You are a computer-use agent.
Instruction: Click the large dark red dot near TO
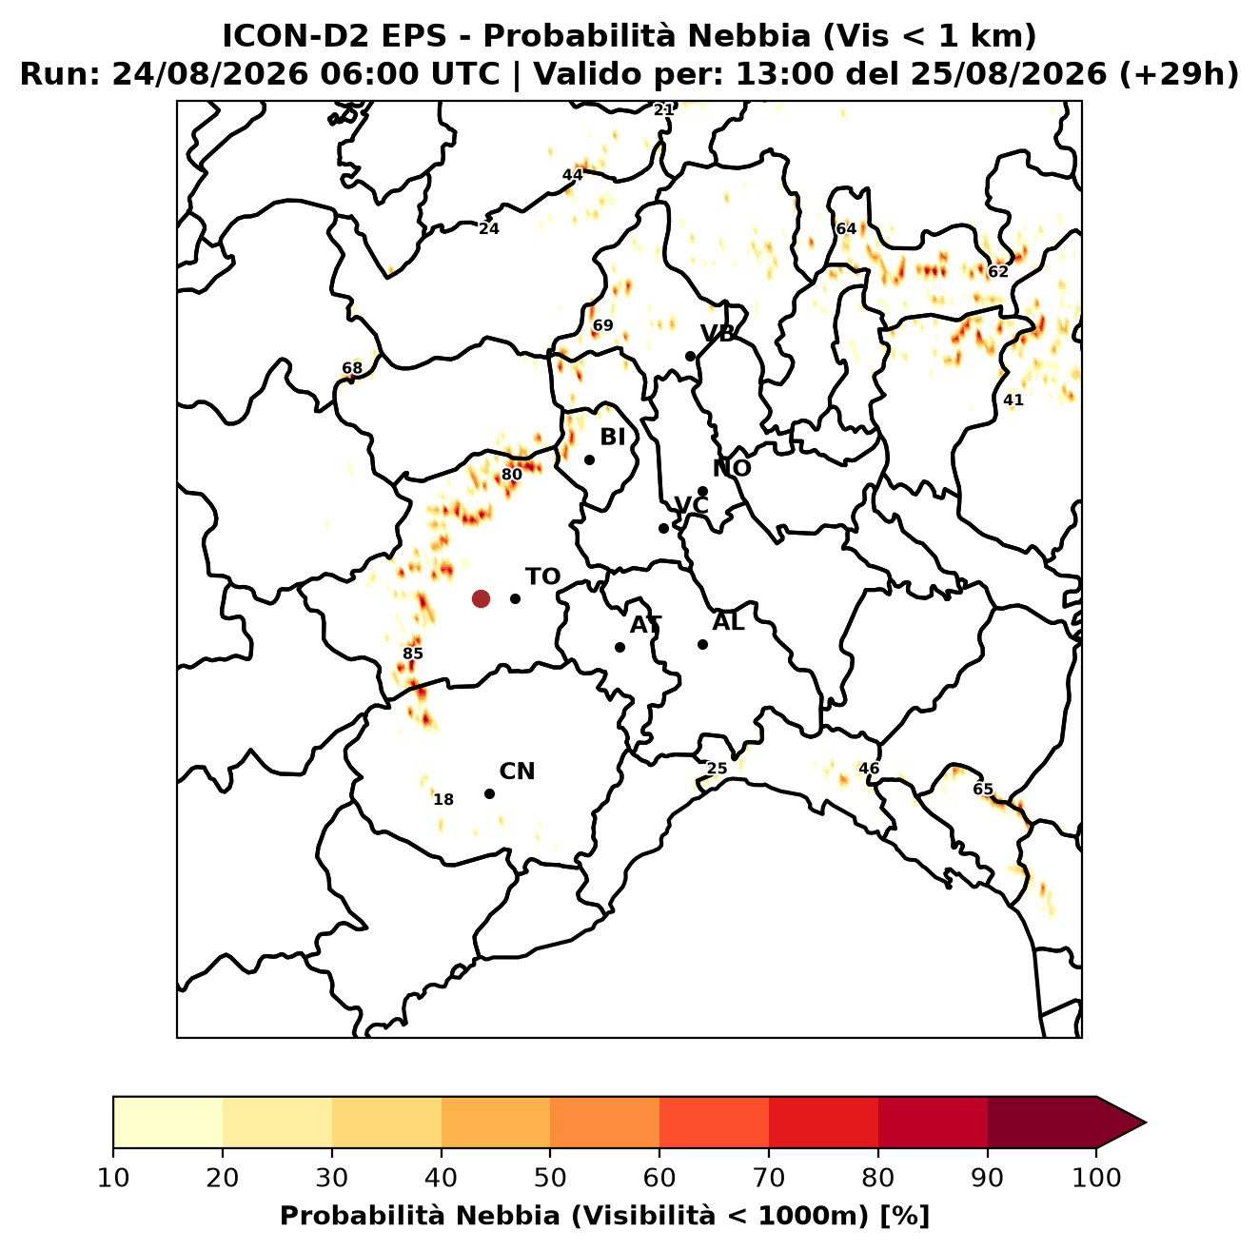481,598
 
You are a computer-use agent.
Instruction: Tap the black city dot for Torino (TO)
515,598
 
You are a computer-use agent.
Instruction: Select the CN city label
517,771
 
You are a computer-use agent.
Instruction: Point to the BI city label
612,438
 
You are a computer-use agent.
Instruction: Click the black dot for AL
702,644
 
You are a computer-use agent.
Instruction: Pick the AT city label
645,625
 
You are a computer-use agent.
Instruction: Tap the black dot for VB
690,356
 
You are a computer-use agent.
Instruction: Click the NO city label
732,468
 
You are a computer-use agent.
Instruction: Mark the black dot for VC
664,528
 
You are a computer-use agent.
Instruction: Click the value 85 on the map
413,654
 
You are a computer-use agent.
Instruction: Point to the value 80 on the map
512,475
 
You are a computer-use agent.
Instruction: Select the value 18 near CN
443,799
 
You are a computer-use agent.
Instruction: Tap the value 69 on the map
603,325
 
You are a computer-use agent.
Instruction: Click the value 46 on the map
869,769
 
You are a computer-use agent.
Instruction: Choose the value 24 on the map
489,228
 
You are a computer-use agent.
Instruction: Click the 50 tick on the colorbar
550,1178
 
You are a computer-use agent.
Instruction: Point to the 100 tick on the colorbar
1097,1178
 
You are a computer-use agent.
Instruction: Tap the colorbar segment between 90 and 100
1042,1123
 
